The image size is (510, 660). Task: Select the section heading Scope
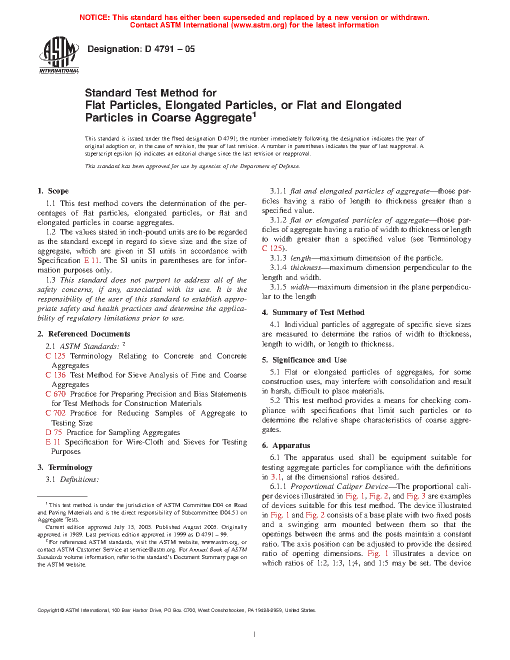(x=58, y=191)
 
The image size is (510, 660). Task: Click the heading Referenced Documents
(x=89, y=334)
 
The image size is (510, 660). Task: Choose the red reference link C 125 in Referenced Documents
(x=55, y=356)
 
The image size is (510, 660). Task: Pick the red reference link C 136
(x=55, y=375)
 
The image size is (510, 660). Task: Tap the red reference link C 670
(x=55, y=394)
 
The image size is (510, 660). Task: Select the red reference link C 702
(x=55, y=413)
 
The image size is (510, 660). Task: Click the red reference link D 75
(x=54, y=432)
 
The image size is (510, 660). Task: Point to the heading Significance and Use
(x=309, y=360)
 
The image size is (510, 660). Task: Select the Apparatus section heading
(x=291, y=445)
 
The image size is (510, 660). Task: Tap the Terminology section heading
(x=70, y=467)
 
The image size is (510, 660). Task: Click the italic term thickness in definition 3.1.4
(x=305, y=267)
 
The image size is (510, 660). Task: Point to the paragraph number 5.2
(x=275, y=400)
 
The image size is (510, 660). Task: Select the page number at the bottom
(x=254, y=634)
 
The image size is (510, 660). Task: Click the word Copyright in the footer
(x=48, y=610)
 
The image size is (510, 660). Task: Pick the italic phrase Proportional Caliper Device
(x=339, y=486)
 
